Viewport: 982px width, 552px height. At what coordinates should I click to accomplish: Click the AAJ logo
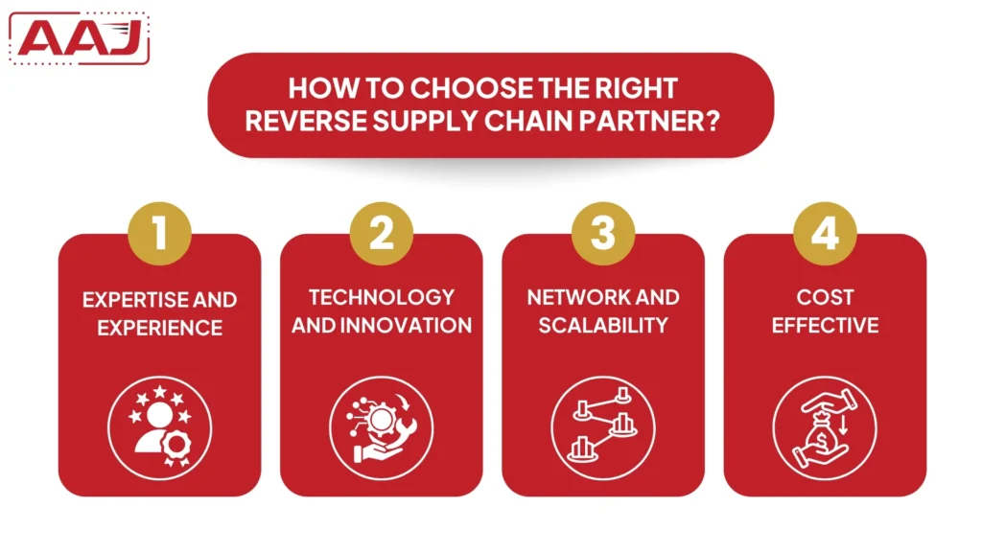(x=84, y=39)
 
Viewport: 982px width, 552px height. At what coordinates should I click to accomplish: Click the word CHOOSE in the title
(x=467, y=89)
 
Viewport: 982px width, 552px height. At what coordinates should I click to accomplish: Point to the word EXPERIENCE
(x=159, y=328)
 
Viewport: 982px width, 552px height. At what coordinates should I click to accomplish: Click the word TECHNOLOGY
(x=382, y=297)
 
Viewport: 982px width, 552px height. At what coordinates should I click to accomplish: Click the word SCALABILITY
(x=602, y=325)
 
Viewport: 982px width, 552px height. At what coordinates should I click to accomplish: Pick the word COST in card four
(x=825, y=297)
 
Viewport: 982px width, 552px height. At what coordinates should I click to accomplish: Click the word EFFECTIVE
(x=825, y=325)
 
